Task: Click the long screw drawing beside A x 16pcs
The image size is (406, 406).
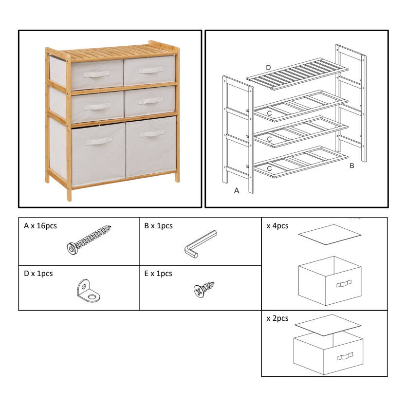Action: click(x=89, y=240)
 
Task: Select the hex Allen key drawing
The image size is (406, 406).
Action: click(x=201, y=243)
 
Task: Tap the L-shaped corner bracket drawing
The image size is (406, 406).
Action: click(x=88, y=291)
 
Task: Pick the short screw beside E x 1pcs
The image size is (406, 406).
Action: click(x=204, y=289)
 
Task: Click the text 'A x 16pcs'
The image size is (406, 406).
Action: click(x=40, y=226)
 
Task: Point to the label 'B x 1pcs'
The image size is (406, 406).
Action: click(x=158, y=226)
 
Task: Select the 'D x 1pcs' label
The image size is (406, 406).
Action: click(x=38, y=274)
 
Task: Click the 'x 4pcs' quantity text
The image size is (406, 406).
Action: click(x=277, y=226)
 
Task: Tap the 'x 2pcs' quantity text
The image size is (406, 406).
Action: click(x=277, y=318)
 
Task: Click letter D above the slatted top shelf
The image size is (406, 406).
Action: click(x=268, y=68)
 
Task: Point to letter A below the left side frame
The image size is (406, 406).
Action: click(x=237, y=191)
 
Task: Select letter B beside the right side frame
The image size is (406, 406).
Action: click(x=351, y=166)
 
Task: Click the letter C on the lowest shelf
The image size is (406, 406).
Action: click(x=269, y=168)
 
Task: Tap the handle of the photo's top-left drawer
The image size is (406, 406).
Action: click(x=96, y=74)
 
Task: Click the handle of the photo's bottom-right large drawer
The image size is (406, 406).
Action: click(x=152, y=134)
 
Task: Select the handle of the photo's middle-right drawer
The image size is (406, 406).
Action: click(x=151, y=101)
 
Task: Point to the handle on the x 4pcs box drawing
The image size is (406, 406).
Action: click(x=344, y=284)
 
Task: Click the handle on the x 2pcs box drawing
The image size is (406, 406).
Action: click(x=345, y=356)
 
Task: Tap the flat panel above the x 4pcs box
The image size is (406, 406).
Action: click(x=330, y=234)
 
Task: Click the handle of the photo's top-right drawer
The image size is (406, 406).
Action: click(x=151, y=70)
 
